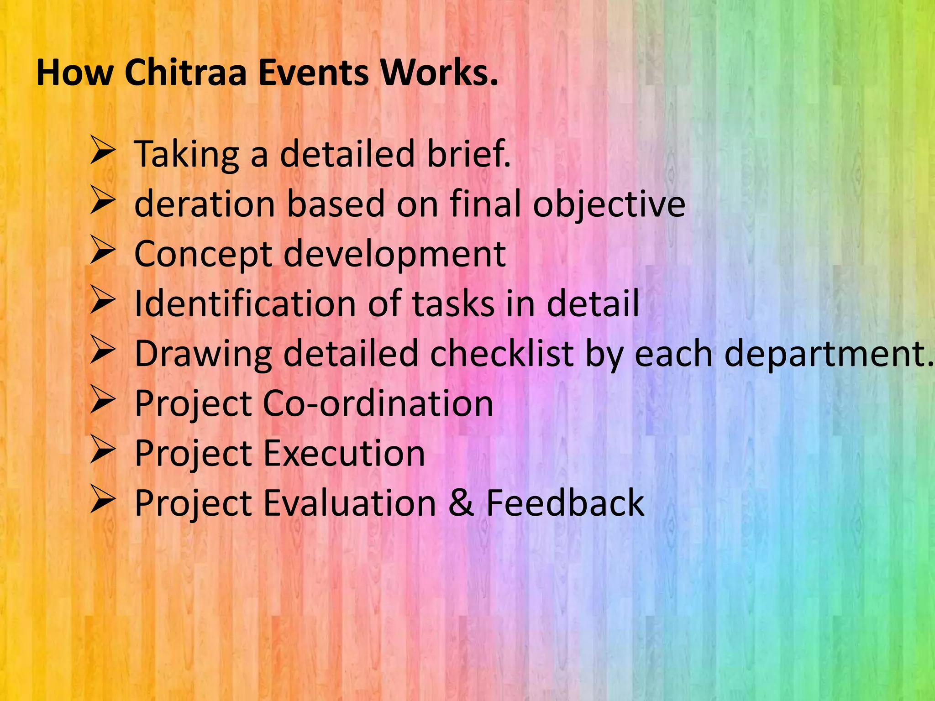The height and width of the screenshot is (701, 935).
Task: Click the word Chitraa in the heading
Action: click(185, 73)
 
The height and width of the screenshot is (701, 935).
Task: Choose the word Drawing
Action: click(203, 355)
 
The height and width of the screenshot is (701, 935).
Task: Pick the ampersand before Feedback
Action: click(461, 503)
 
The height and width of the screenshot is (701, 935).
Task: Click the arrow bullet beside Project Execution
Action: click(102, 450)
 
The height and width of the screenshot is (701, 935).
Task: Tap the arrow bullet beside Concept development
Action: click(102, 251)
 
